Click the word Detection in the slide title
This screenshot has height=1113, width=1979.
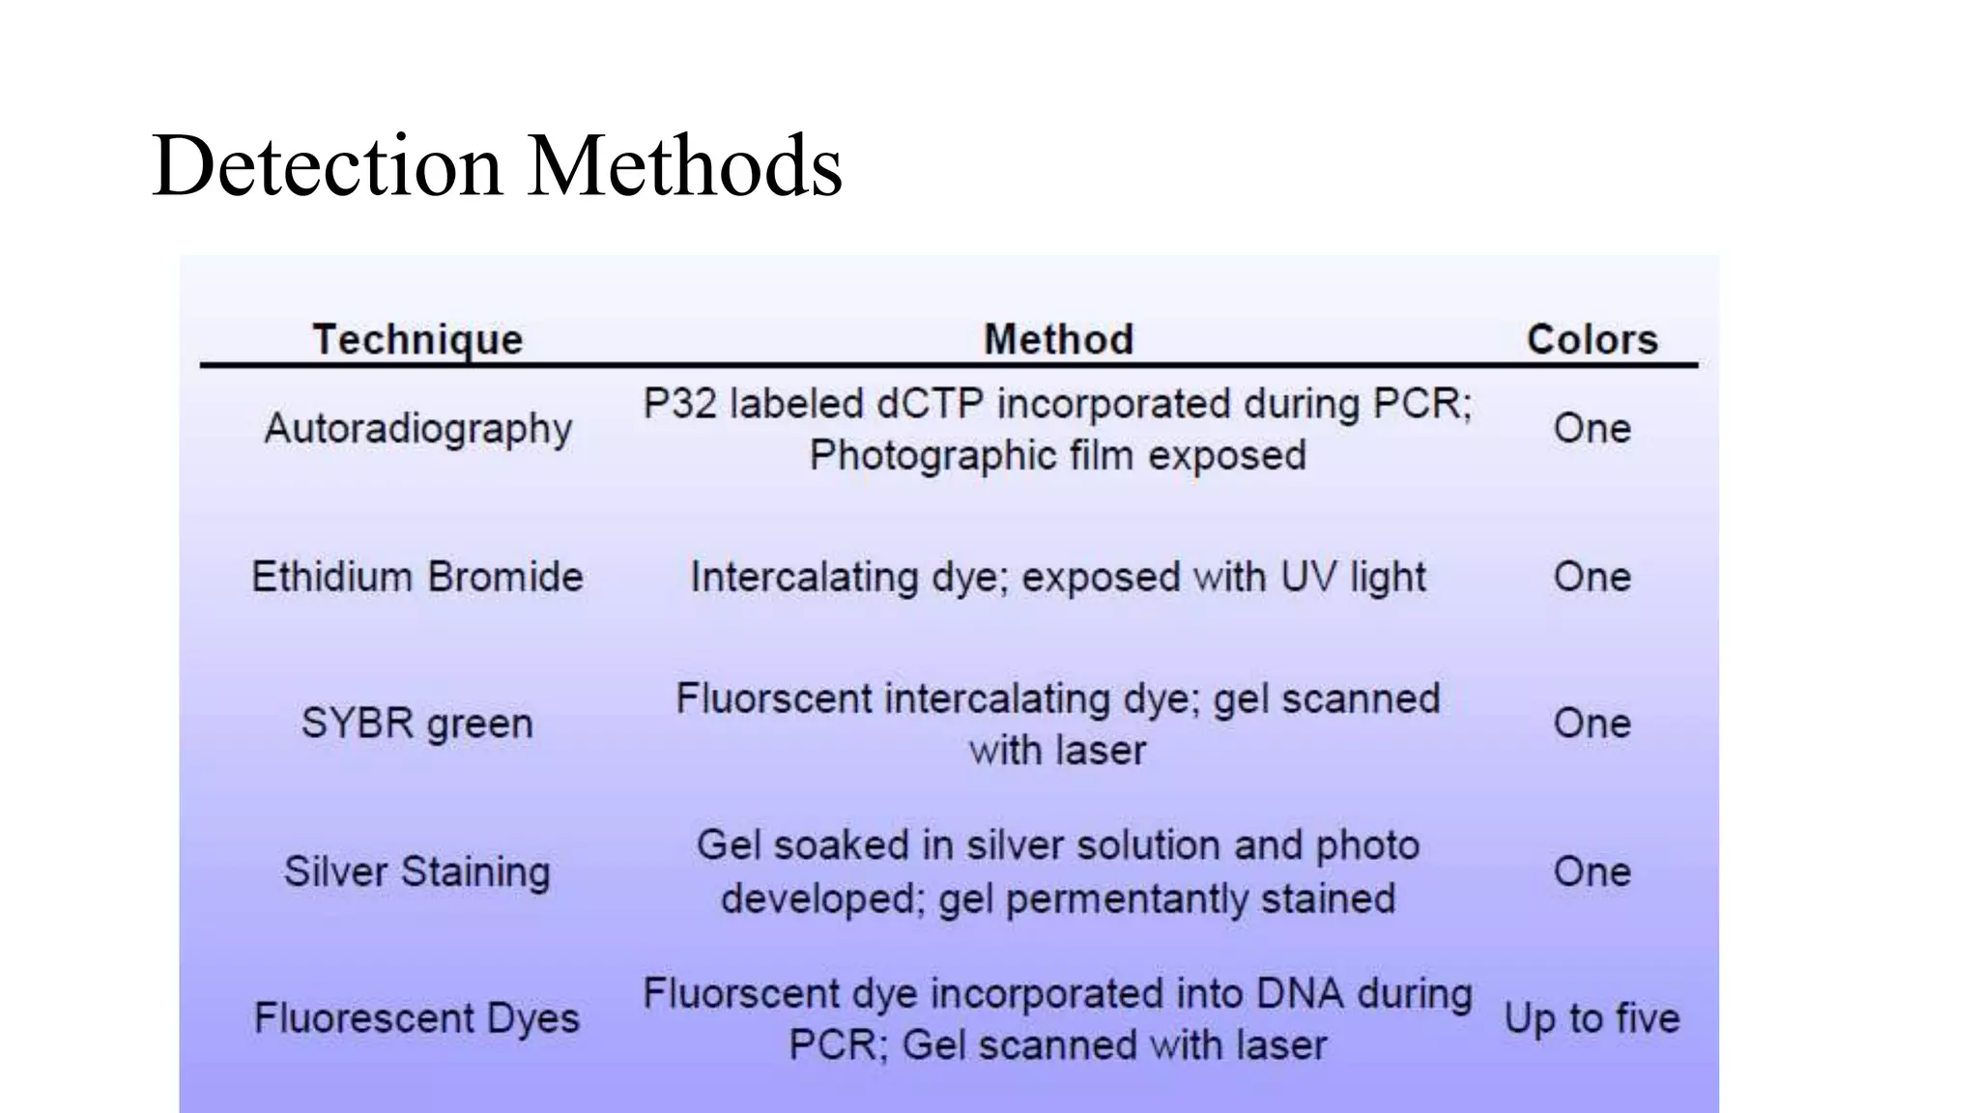click(327, 166)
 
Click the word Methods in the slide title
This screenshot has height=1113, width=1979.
click(684, 166)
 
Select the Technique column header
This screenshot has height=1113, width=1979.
click(417, 340)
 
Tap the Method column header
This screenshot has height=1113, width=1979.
click(1058, 340)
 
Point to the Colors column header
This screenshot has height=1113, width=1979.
click(1592, 340)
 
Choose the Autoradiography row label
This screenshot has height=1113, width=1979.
click(417, 429)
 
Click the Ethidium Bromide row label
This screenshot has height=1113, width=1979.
click(417, 577)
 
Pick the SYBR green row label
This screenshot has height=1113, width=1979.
click(417, 724)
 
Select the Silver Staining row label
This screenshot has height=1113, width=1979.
click(417, 871)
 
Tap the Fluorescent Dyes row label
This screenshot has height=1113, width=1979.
click(417, 1018)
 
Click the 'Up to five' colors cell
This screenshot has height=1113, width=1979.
click(1592, 1018)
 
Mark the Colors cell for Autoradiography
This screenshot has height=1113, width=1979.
click(1592, 429)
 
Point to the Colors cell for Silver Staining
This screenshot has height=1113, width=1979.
click(1592, 871)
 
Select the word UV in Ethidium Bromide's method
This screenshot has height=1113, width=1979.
click(1308, 577)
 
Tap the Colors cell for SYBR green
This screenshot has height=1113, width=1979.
click(1592, 724)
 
